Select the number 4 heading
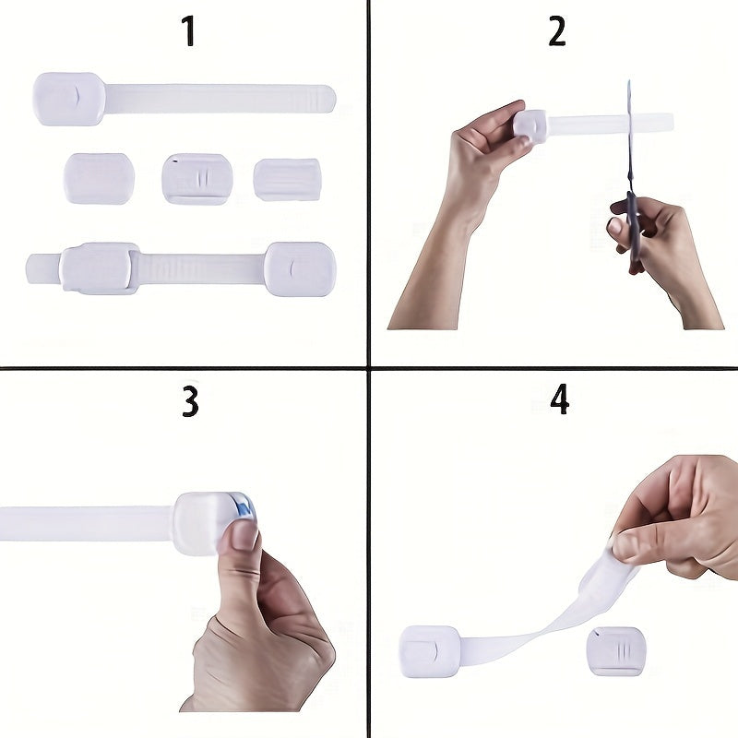click(x=559, y=399)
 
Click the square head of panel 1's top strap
click(x=69, y=99)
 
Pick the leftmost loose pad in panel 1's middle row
click(x=99, y=178)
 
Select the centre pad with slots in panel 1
click(x=196, y=178)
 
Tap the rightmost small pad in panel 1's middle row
click(x=287, y=179)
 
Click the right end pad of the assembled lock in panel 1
click(x=299, y=268)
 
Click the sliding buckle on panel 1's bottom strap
click(x=100, y=268)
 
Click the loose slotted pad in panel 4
click(x=615, y=650)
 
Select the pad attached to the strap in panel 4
click(x=429, y=651)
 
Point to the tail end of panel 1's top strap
click(x=318, y=97)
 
